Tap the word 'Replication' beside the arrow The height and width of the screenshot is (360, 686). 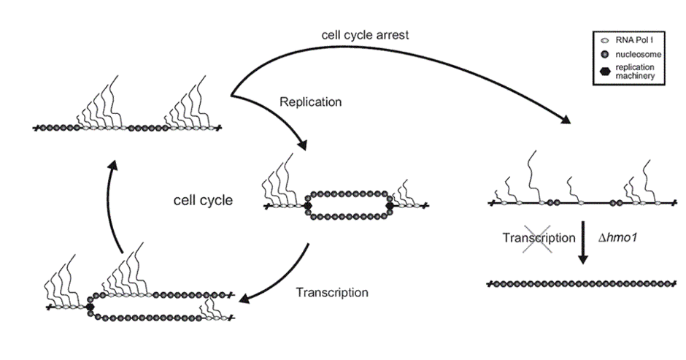311,102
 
